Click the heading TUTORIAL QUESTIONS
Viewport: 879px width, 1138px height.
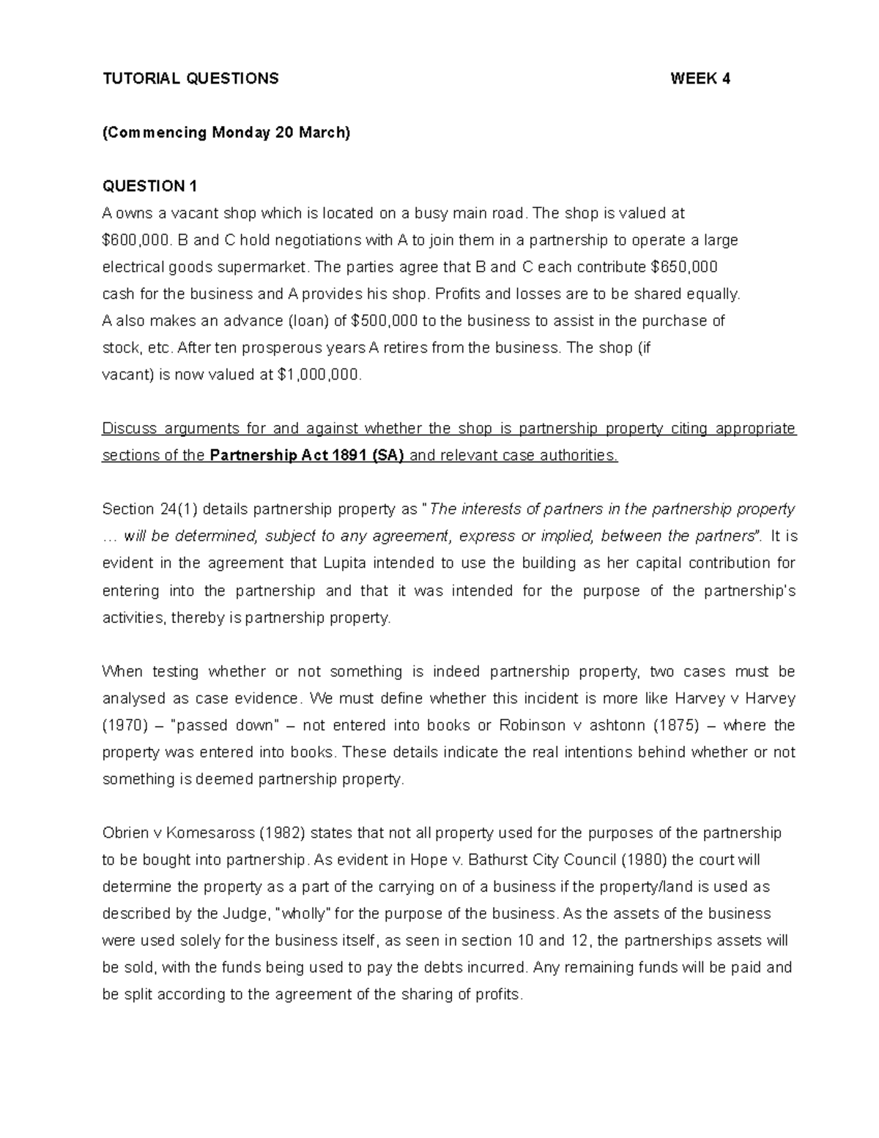tap(190, 79)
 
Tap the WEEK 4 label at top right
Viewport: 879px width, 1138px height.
tap(700, 79)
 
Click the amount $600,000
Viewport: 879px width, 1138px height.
tap(129, 240)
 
